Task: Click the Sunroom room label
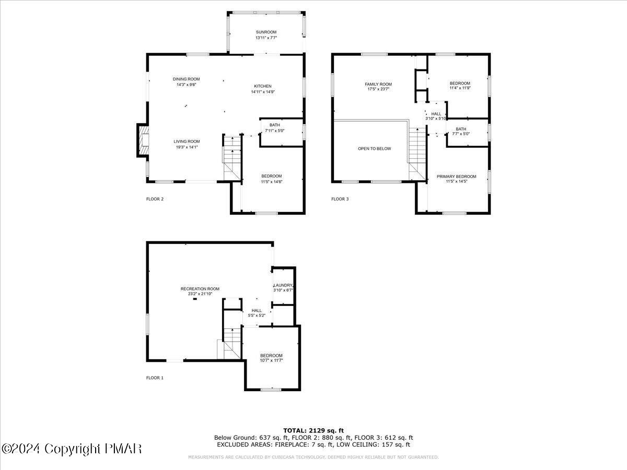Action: pyautogui.click(x=266, y=32)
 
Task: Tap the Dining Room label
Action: pyautogui.click(x=187, y=79)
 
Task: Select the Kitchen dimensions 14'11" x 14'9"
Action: pyautogui.click(x=262, y=92)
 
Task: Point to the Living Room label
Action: pyautogui.click(x=187, y=141)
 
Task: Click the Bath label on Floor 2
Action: pyautogui.click(x=274, y=125)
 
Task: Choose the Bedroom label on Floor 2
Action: pyautogui.click(x=271, y=176)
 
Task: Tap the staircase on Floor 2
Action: pyautogui.click(x=233, y=157)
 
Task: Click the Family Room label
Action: pyautogui.click(x=378, y=84)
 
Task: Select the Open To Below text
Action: pyautogui.click(x=374, y=149)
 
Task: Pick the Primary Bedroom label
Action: pyautogui.click(x=456, y=177)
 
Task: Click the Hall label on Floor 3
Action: pyautogui.click(x=436, y=114)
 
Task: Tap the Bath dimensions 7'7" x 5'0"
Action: pyautogui.click(x=461, y=134)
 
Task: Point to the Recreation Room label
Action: pyautogui.click(x=200, y=289)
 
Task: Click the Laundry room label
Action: pyautogui.click(x=283, y=285)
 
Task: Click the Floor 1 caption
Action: pyautogui.click(x=155, y=378)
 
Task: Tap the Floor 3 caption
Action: pyautogui.click(x=340, y=199)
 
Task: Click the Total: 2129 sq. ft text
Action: pyautogui.click(x=313, y=430)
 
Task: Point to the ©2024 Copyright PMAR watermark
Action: pyautogui.click(x=72, y=449)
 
